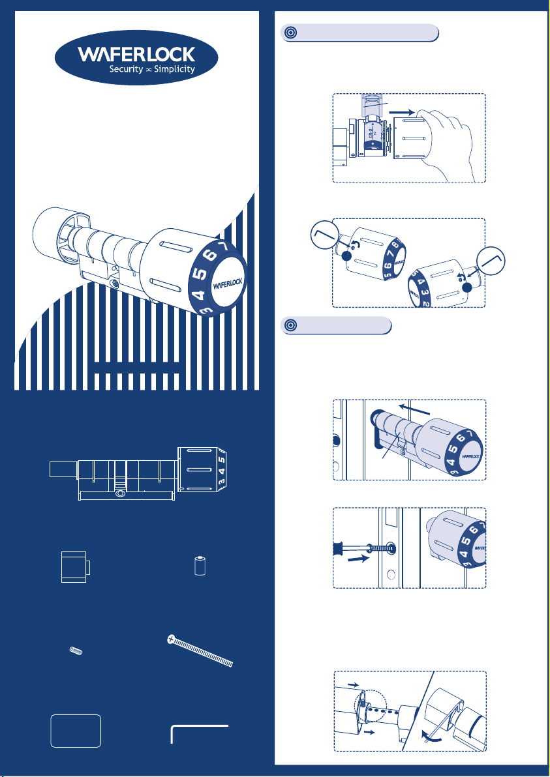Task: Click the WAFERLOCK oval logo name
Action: [x=136, y=54]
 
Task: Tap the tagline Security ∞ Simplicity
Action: [x=152, y=69]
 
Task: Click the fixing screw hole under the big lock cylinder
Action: [x=116, y=284]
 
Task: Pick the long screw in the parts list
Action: [x=200, y=651]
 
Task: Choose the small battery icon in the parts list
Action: [x=200, y=566]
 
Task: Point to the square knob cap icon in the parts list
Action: [x=75, y=566]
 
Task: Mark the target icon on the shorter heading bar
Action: [x=290, y=325]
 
